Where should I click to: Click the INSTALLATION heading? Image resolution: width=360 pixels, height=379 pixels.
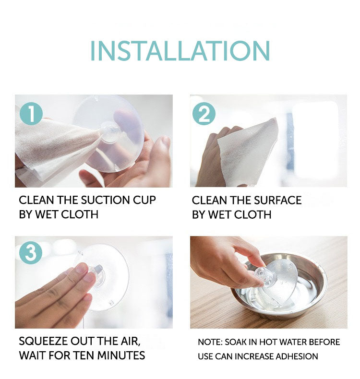click(180, 51)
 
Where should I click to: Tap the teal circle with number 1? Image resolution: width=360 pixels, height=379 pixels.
click(31, 114)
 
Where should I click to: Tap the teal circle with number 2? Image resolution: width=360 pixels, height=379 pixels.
click(204, 114)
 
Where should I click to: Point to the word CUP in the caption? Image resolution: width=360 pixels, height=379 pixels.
click(144, 200)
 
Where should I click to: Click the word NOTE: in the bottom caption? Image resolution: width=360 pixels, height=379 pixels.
click(210, 342)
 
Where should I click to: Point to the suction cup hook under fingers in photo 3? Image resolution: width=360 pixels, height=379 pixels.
click(96, 274)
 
